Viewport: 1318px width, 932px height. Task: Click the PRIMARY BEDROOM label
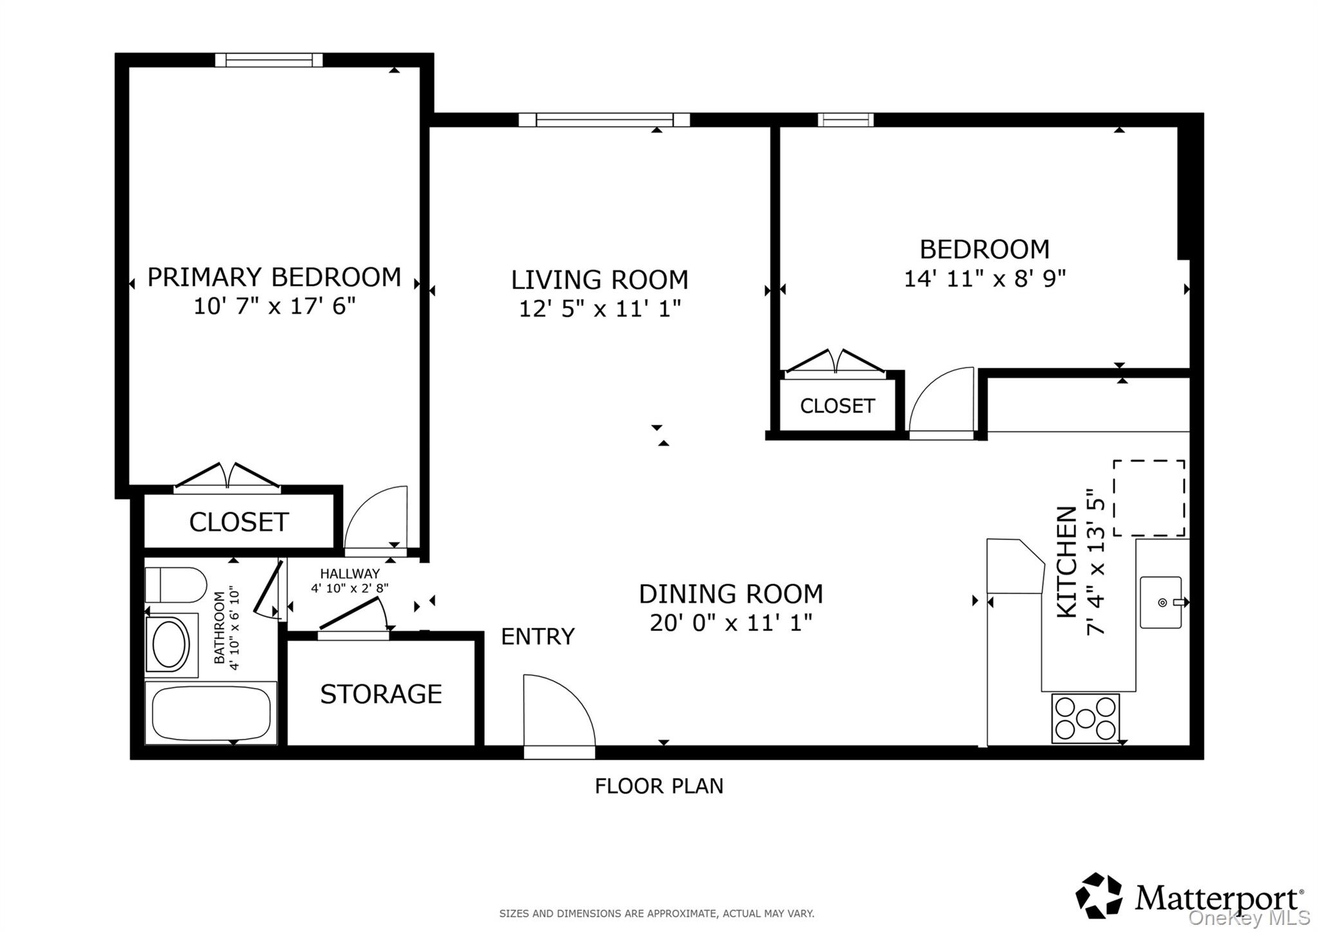click(x=274, y=277)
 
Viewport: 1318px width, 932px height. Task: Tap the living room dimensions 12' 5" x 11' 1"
click(x=600, y=309)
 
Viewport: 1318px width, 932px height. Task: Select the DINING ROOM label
click(x=731, y=593)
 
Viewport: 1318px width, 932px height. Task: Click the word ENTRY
click(x=537, y=637)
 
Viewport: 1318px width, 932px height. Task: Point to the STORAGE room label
click(x=381, y=694)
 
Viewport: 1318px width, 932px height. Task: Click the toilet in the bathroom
click(x=176, y=584)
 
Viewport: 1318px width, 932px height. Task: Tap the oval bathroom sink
click(x=169, y=644)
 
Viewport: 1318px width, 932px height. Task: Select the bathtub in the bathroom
click(x=211, y=713)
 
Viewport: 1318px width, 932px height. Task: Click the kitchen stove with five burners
click(x=1086, y=718)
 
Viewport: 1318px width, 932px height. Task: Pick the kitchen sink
click(x=1161, y=602)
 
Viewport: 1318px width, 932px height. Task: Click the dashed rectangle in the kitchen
click(x=1149, y=498)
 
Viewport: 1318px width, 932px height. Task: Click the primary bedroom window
click(x=268, y=60)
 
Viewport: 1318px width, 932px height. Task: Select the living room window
click(x=604, y=120)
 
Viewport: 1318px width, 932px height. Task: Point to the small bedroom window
click(x=846, y=120)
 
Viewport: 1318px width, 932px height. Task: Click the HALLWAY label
click(x=350, y=573)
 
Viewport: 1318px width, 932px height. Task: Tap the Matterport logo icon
click(x=1099, y=895)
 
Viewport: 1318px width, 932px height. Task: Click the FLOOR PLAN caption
click(x=659, y=786)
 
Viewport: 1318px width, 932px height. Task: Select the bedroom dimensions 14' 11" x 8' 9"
click(x=985, y=279)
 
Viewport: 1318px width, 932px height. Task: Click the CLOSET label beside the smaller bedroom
click(x=837, y=406)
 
